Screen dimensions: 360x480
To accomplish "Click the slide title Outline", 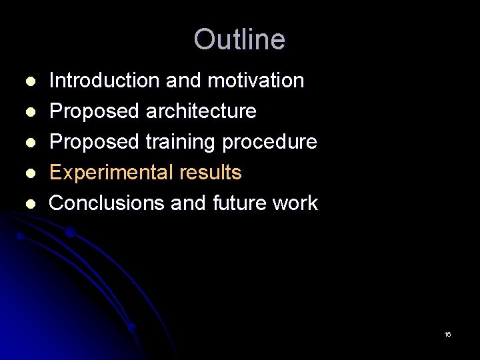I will coord(239,39).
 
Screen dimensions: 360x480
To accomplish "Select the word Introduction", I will coord(105,81).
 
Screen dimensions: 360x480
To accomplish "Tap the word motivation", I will coord(256,81).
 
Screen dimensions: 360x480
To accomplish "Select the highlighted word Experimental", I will coord(111,173).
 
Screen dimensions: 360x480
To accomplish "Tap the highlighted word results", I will coord(210,173).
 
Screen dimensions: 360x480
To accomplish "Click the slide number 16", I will coord(447,334).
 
